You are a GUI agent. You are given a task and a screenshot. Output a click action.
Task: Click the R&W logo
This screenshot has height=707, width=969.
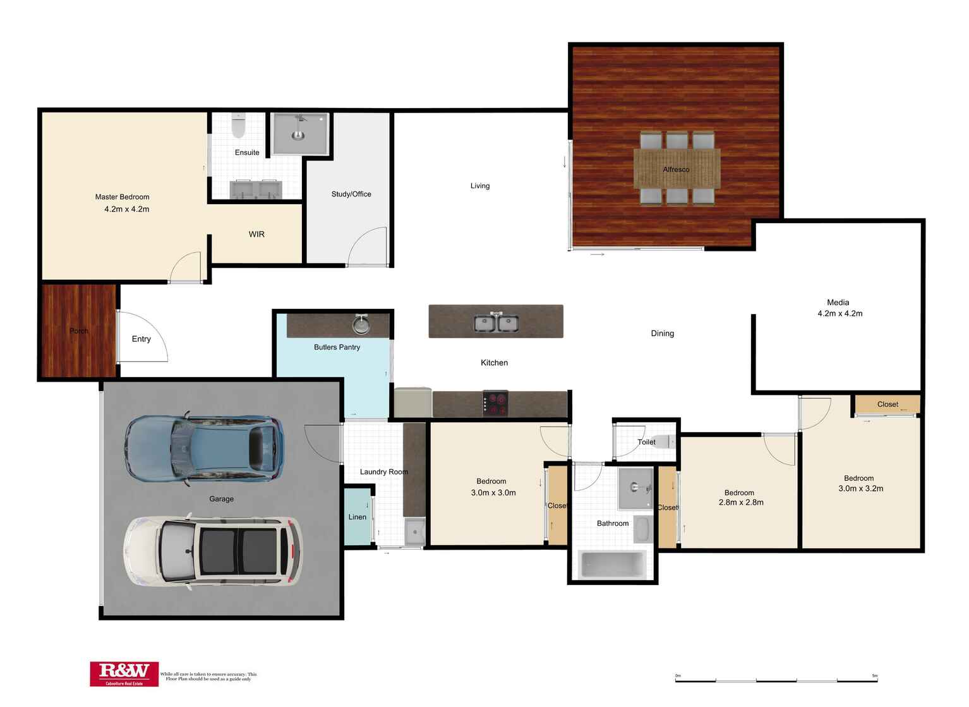click(124, 674)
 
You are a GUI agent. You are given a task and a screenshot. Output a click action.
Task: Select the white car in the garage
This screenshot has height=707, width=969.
click(212, 552)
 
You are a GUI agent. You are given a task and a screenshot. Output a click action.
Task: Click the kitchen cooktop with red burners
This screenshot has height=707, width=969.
click(495, 403)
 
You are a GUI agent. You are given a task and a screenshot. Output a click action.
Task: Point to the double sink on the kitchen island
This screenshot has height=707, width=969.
click(497, 323)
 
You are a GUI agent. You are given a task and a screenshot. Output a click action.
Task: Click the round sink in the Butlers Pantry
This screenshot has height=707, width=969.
click(361, 325)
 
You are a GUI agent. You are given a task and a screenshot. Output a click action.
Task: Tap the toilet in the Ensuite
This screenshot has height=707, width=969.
click(238, 126)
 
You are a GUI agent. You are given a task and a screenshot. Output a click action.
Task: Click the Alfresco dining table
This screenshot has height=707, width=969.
click(677, 169)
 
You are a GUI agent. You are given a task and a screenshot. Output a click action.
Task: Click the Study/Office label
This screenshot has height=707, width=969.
click(351, 194)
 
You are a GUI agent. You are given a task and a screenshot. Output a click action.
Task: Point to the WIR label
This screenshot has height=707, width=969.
click(256, 234)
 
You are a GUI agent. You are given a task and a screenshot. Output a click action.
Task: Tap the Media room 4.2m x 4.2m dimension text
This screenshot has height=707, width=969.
click(840, 313)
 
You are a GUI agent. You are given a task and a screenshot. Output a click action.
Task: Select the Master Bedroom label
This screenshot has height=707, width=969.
click(122, 197)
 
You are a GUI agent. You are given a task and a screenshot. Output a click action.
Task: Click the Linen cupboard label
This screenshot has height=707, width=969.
click(357, 517)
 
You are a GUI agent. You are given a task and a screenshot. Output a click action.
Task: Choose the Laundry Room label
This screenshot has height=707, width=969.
click(383, 472)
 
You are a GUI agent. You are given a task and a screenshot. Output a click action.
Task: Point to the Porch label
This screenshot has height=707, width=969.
click(79, 331)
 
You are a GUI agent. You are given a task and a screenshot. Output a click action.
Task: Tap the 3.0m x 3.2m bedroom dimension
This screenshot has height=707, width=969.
click(860, 488)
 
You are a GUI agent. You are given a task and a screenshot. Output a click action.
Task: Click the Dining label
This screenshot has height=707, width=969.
click(662, 334)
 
